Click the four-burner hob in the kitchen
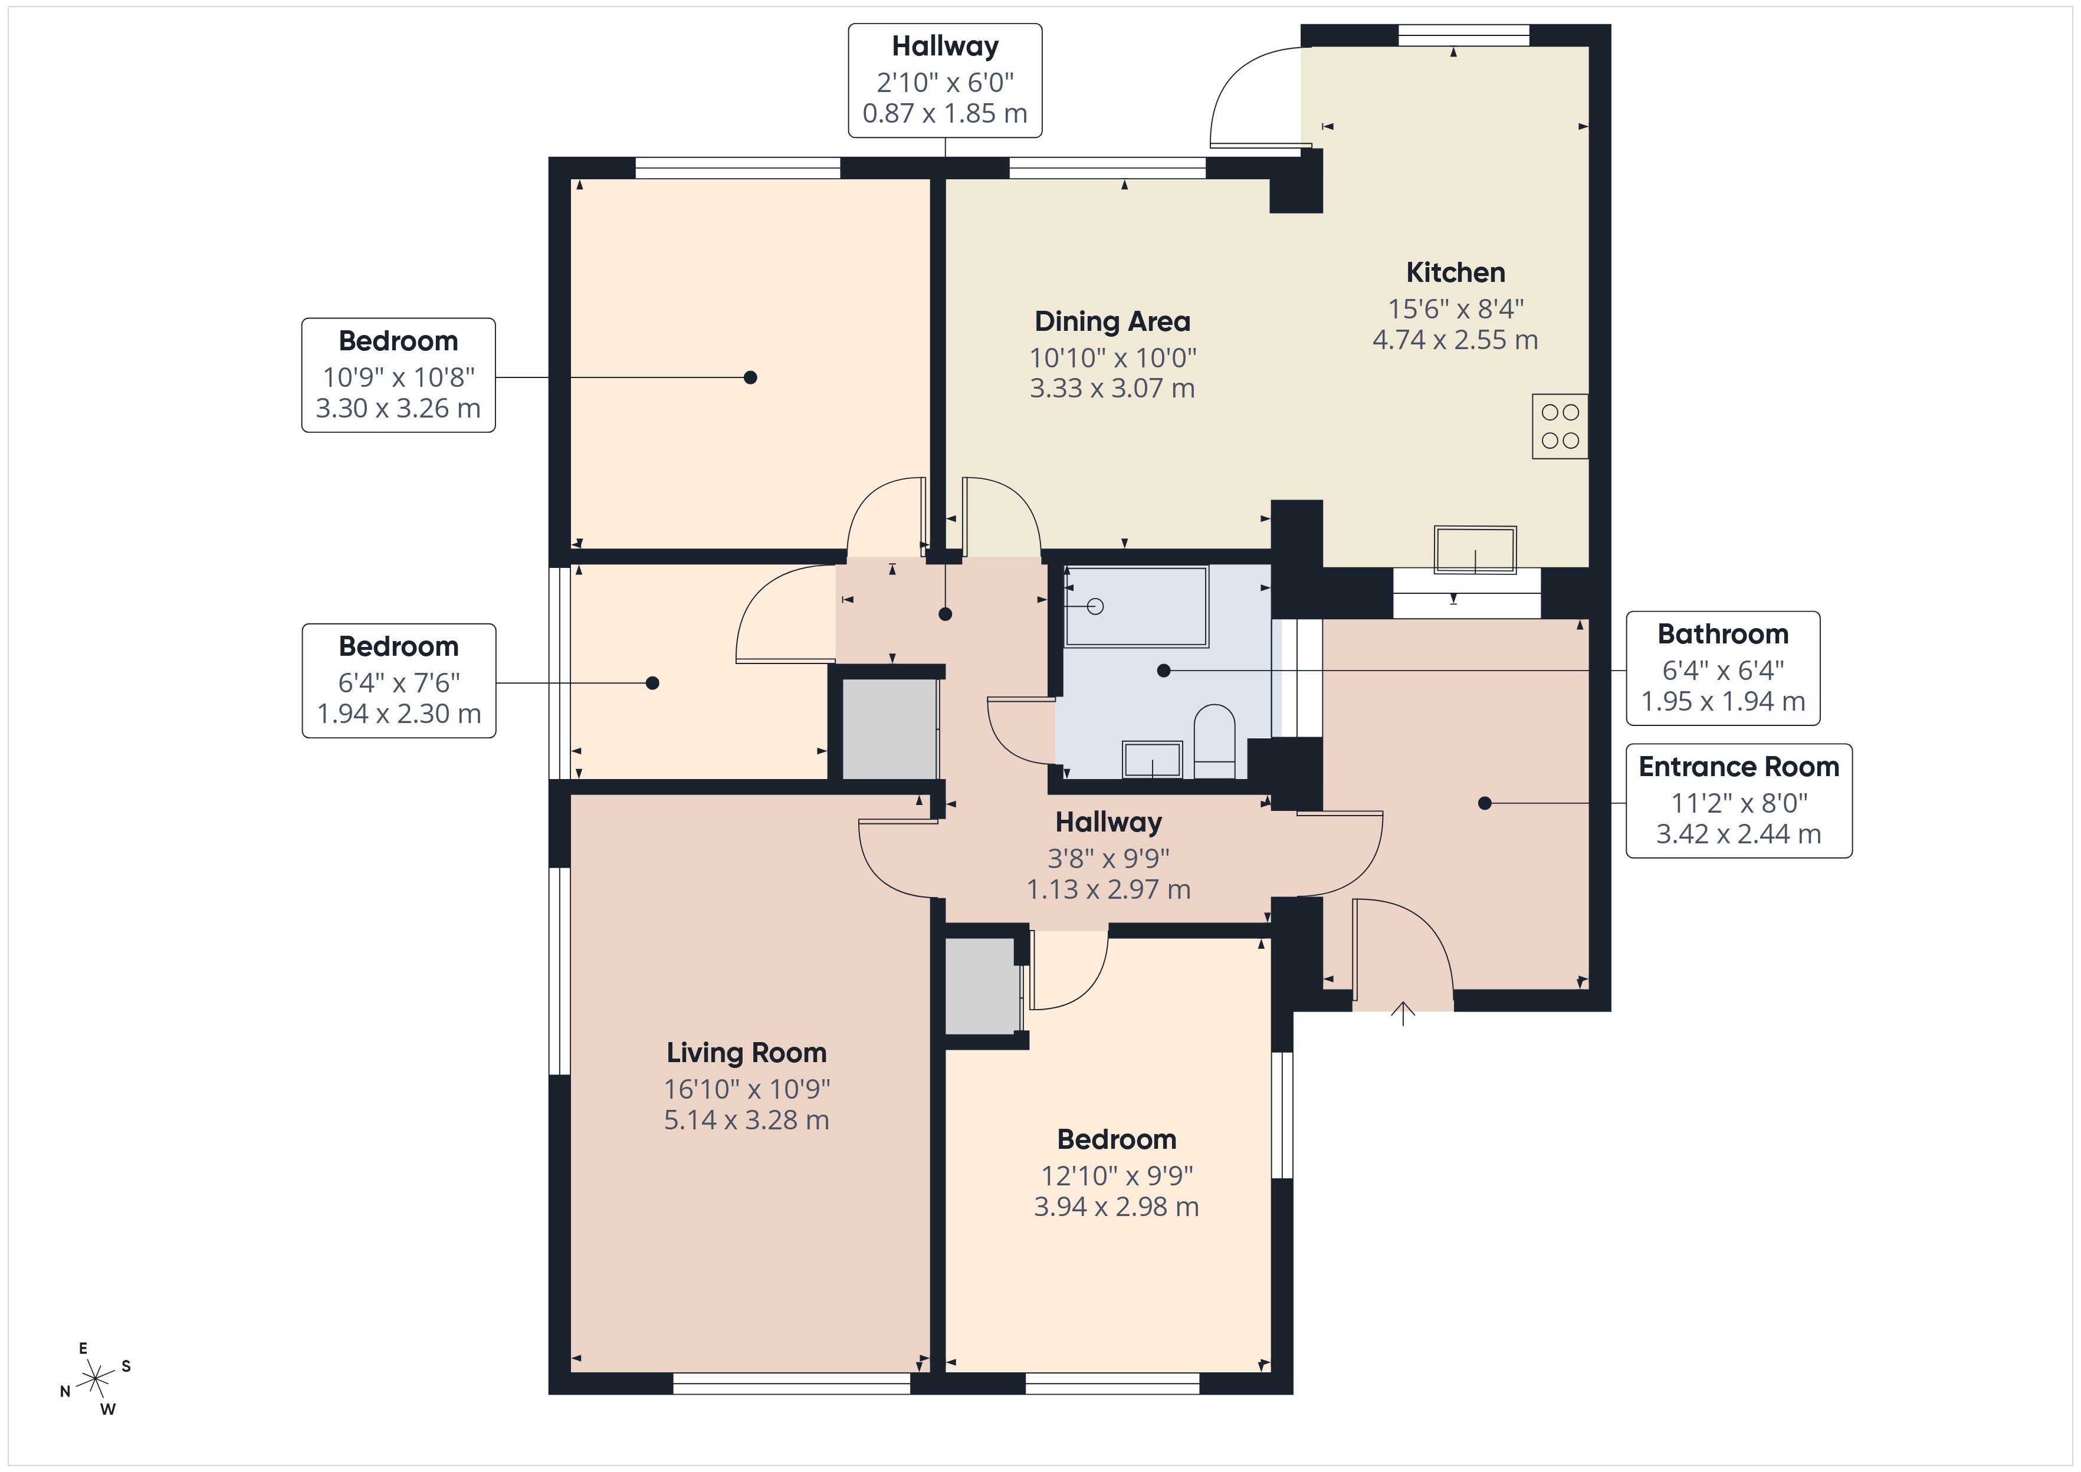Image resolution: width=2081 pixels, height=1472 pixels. [x=1559, y=426]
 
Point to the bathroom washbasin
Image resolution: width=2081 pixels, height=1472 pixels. [x=1152, y=760]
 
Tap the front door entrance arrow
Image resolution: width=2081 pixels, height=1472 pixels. [x=1403, y=1013]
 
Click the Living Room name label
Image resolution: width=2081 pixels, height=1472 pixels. [x=746, y=1052]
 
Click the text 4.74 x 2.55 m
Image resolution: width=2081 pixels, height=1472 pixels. [x=1455, y=340]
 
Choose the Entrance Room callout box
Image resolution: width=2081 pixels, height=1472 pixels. [x=1738, y=800]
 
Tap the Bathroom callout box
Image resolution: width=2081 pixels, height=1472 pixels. [x=1722, y=668]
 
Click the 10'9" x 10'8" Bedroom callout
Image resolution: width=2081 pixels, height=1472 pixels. [x=398, y=375]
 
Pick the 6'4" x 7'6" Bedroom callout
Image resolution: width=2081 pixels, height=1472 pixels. [x=398, y=681]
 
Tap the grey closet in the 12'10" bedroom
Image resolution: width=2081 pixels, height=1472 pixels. [x=981, y=985]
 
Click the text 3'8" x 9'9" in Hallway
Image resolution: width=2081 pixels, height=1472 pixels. [x=1108, y=857]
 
